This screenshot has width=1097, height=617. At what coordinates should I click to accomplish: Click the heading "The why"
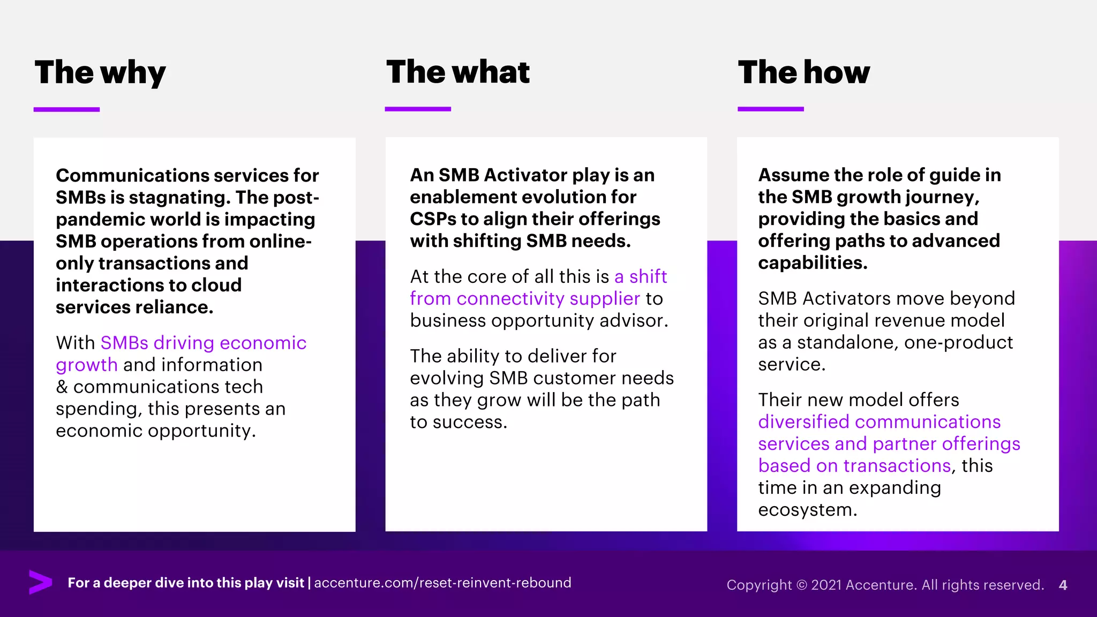click(100, 72)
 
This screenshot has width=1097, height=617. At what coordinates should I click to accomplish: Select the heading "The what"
click(457, 72)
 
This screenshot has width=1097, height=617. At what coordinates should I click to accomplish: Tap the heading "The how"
click(803, 72)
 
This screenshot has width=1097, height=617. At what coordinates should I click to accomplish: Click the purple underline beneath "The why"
click(66, 109)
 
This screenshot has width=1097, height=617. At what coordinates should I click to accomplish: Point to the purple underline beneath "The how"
click(770, 109)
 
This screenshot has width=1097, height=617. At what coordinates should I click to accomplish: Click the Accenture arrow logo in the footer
click(40, 582)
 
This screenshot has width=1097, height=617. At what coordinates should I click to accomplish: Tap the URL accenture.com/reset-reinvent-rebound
click(442, 583)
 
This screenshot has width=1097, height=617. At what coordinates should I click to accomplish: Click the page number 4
click(1063, 585)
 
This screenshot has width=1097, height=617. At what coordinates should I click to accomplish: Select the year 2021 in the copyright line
click(826, 585)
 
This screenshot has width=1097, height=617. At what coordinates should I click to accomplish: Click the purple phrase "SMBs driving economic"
click(203, 343)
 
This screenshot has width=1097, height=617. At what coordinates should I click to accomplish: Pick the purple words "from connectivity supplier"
click(524, 298)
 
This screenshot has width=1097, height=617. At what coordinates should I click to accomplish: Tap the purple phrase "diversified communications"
click(879, 422)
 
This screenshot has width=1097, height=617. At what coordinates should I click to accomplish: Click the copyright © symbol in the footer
click(801, 585)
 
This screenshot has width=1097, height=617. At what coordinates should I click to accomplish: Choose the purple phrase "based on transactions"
click(854, 466)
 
